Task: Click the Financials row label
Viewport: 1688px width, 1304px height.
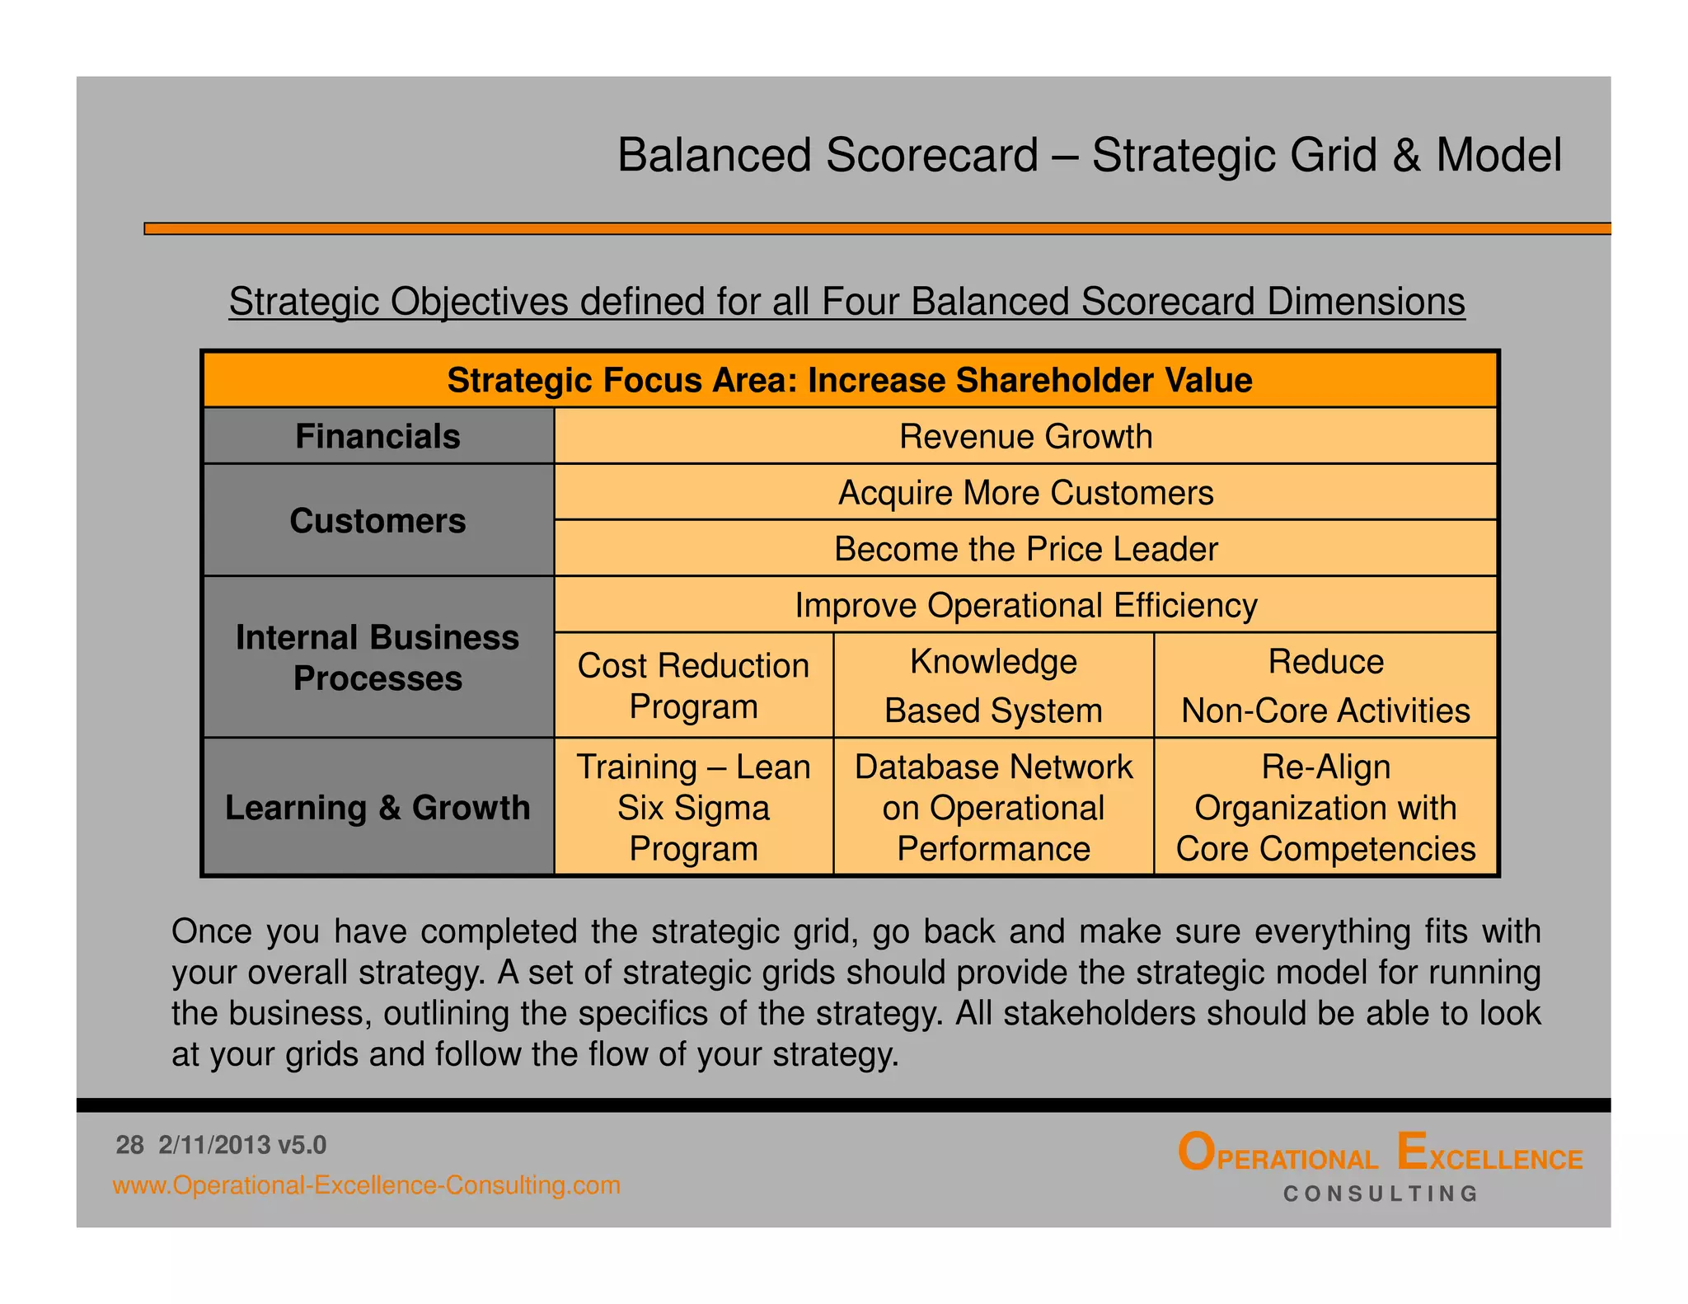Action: pos(377,436)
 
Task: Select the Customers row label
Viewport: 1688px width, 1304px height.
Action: pos(377,520)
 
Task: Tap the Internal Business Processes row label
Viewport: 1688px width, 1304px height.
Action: pos(377,657)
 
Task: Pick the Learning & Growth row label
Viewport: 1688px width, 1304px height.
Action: pos(377,807)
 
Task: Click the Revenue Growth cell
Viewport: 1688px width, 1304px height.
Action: pos(1025,436)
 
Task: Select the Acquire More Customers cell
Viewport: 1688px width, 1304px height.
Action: pos(1025,492)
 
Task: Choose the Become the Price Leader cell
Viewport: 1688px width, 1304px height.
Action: pos(1025,548)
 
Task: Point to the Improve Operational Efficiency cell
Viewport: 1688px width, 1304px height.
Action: pos(1025,604)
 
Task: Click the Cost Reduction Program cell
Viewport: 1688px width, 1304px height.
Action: pos(693,685)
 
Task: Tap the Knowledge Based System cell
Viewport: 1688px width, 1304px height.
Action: pos(993,685)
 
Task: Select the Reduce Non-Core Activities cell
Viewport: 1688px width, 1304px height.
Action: pos(1325,685)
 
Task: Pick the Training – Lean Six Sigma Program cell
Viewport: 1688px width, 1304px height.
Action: pos(693,807)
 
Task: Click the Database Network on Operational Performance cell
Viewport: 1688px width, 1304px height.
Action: pos(993,807)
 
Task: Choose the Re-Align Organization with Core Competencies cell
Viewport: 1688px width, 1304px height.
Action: pos(1325,807)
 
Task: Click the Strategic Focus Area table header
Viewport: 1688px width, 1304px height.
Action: pos(849,380)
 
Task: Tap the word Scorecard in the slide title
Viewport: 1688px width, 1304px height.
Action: pos(931,155)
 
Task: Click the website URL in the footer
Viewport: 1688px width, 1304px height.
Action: pos(366,1185)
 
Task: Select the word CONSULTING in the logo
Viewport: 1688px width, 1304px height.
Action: pos(1381,1194)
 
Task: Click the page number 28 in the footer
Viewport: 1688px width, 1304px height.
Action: pos(129,1145)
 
